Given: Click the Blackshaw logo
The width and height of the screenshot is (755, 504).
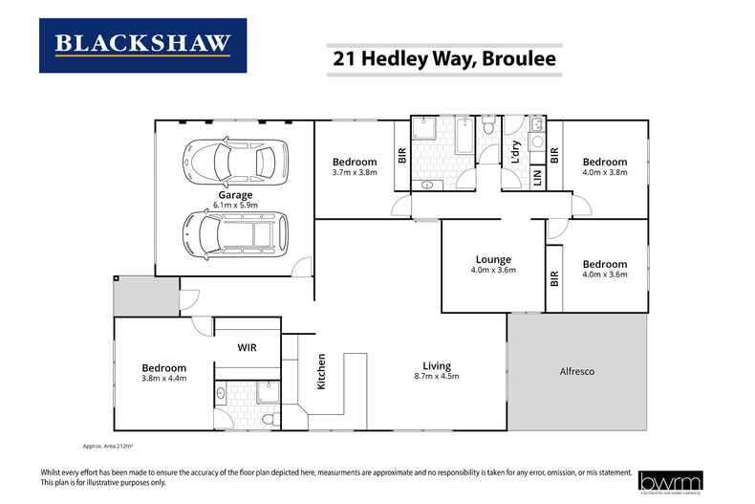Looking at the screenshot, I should (142, 45).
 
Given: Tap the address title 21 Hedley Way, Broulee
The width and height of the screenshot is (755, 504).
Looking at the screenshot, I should (444, 58).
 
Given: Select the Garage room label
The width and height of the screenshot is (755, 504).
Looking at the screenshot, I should (234, 195).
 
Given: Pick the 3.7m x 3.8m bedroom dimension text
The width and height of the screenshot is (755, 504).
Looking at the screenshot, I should (356, 173).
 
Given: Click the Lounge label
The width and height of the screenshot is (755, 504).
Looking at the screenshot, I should (494, 259).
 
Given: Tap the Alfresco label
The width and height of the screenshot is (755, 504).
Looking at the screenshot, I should (577, 370).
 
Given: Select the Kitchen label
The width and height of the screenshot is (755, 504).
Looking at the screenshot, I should (322, 372).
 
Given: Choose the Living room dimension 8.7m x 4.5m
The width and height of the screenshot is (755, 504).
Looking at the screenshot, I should (438, 376).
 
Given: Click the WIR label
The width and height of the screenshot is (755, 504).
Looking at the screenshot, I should (248, 347).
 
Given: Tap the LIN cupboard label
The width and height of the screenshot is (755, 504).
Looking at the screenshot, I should (537, 177).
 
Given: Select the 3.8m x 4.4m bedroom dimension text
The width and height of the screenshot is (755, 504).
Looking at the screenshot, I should (163, 378).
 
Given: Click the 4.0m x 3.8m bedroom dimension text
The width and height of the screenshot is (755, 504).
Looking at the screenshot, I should (606, 173).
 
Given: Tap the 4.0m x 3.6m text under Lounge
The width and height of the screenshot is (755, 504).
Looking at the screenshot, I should (494, 270).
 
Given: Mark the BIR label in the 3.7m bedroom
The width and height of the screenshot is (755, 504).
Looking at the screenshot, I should (401, 154).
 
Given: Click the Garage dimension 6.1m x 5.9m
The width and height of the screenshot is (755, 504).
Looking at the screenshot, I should (234, 205).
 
